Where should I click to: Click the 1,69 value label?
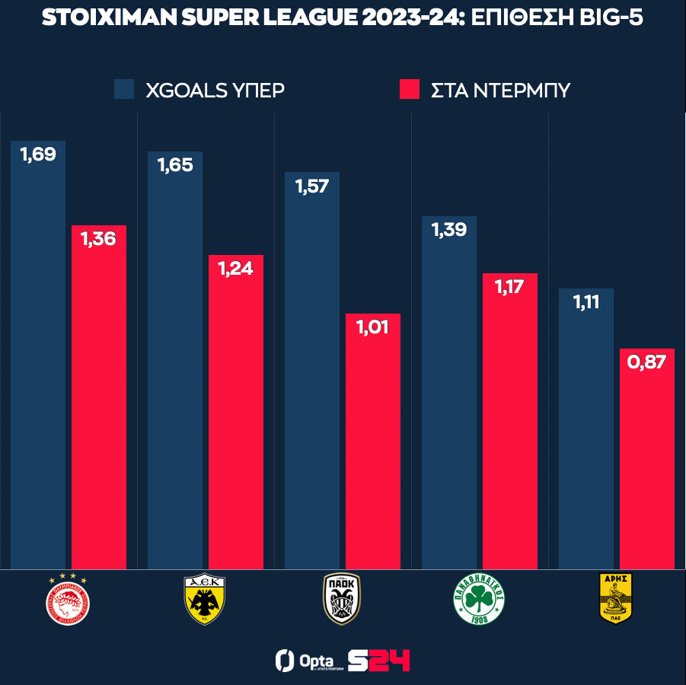38,155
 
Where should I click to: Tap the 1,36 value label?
99,239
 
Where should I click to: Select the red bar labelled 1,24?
236,419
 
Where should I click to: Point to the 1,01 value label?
373,328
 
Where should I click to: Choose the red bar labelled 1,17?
510,426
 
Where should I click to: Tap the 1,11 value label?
586,302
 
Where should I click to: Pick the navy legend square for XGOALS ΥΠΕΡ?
124,89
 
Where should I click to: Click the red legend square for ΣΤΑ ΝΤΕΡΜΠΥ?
410,89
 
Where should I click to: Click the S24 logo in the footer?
378,660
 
